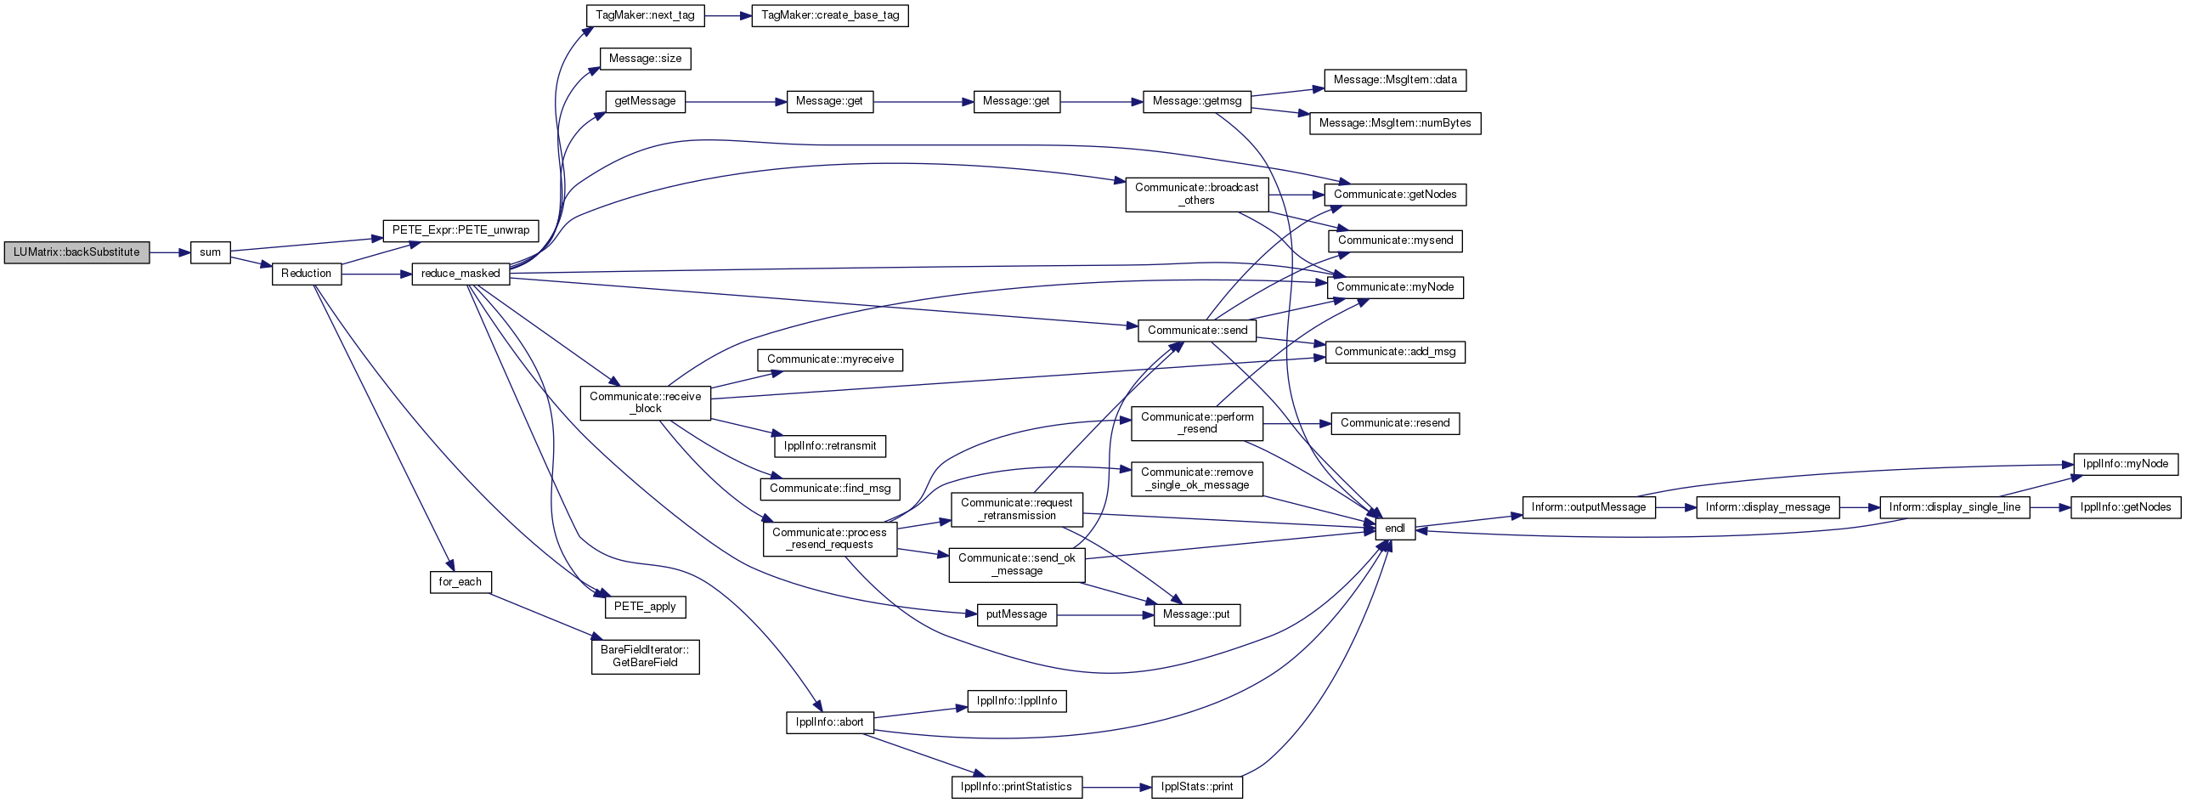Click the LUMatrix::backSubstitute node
click(76, 252)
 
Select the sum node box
click(210, 252)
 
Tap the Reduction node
click(307, 274)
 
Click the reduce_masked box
click(460, 274)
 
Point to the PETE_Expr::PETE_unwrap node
click(461, 230)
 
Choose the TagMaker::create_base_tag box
click(830, 15)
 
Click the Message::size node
click(646, 59)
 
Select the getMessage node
click(645, 101)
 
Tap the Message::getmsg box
click(1196, 101)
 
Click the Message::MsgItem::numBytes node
click(1395, 123)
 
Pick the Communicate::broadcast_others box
click(1197, 195)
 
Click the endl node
click(1395, 529)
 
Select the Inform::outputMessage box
click(1589, 507)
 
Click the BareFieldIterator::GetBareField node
click(645, 657)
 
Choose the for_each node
click(460, 582)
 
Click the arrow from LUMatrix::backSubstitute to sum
click(170, 252)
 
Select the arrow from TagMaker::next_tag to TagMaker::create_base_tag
click(728, 15)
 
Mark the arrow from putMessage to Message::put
click(1105, 614)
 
